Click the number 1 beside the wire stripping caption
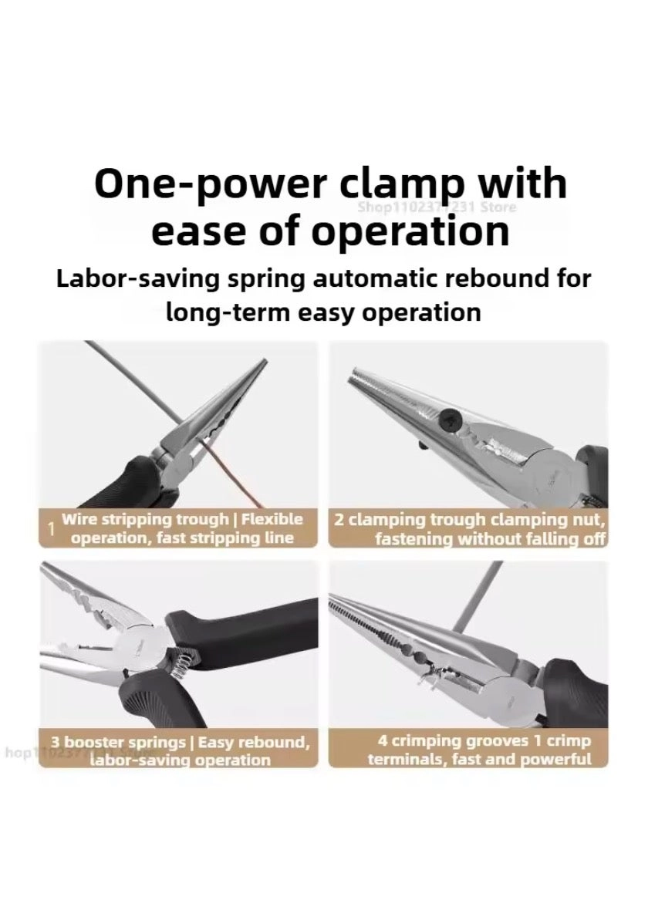(x=52, y=529)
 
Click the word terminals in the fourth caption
(x=405, y=760)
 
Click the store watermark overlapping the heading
(x=437, y=207)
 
